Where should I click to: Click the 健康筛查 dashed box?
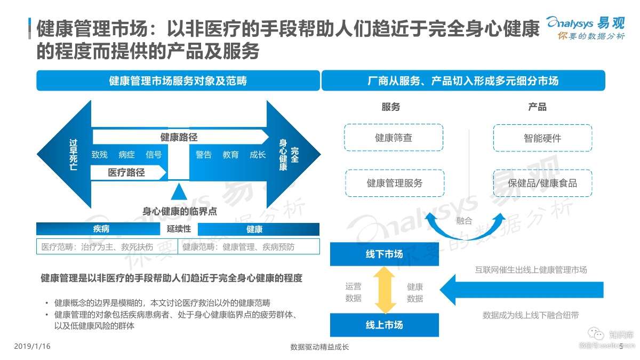394,138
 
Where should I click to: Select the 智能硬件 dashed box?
542,138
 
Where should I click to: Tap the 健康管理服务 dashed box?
395,183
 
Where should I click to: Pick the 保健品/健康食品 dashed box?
542,183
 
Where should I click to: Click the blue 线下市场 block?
385,254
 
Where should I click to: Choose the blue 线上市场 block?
385,325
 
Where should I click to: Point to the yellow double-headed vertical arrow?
385,290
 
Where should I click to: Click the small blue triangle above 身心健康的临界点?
179,191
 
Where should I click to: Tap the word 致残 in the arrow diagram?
99,155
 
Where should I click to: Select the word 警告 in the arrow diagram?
203,155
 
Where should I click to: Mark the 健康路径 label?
179,137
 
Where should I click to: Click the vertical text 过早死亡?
73,155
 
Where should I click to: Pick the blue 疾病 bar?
98,229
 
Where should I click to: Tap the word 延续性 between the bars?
179,229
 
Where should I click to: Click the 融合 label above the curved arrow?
464,221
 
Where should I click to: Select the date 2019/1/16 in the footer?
32,346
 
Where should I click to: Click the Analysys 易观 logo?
586,28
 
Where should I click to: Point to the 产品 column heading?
537,107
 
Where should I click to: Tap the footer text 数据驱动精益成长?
319,347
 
